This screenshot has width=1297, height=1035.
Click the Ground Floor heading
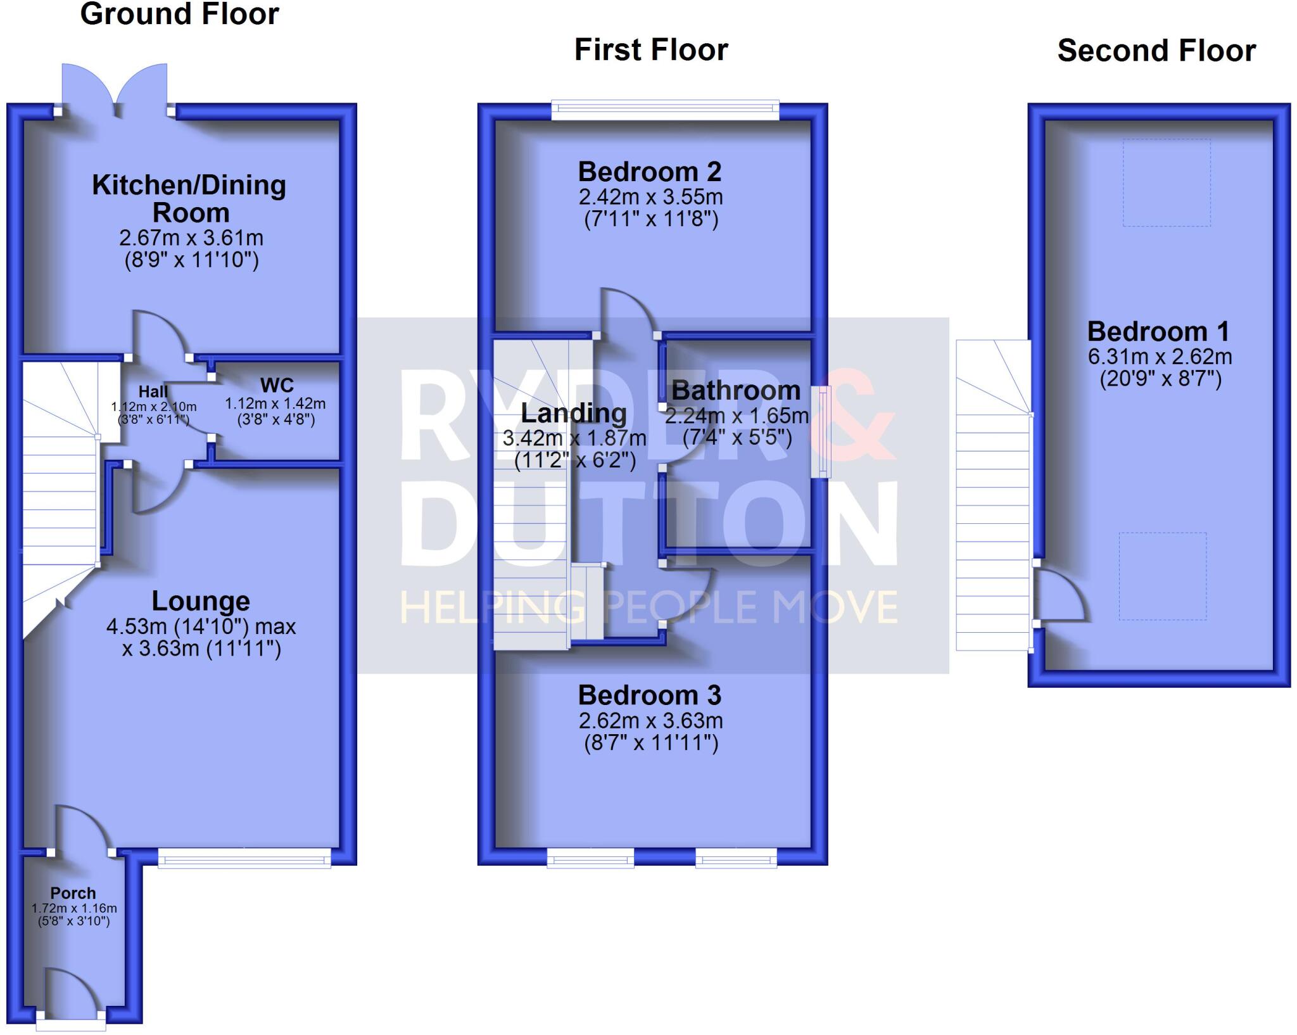(179, 14)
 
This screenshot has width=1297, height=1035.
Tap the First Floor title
(651, 50)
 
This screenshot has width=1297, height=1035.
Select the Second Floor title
(1156, 51)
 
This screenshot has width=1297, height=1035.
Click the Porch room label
(73, 893)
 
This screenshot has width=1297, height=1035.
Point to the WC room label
(277, 385)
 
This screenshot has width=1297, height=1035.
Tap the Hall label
(153, 392)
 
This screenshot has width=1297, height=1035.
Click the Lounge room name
(201, 601)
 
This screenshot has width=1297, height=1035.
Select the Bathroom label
(736, 391)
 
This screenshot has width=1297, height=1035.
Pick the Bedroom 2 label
(650, 172)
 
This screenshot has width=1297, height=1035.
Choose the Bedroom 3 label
(650, 695)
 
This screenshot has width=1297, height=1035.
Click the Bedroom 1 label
(1158, 331)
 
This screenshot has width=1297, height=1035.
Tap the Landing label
(574, 413)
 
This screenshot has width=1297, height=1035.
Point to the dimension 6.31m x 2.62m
(1160, 357)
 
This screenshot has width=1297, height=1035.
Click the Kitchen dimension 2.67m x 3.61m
(191, 238)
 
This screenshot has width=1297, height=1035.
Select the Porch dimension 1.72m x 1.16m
(74, 908)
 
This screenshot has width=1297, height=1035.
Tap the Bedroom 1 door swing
(1059, 595)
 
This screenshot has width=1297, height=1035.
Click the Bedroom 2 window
(665, 110)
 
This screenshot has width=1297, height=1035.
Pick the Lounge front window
(244, 859)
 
